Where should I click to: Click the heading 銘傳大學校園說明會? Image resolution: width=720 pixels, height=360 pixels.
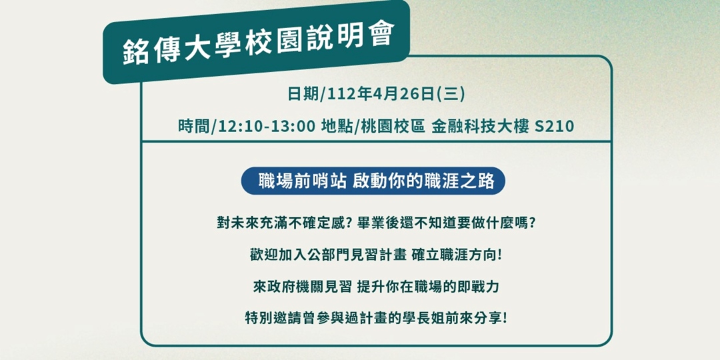pyautogui.click(x=258, y=43)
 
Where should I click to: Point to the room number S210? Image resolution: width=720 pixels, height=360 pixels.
pyautogui.click(x=555, y=126)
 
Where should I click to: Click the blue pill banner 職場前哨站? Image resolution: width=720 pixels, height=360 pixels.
pyautogui.click(x=373, y=181)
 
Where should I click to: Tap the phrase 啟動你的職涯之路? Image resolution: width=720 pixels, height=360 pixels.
pyautogui.click(x=424, y=181)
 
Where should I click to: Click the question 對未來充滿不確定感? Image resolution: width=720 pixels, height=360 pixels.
pyautogui.click(x=284, y=223)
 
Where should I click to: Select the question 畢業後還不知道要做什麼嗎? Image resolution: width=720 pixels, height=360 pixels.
pyautogui.click(x=446, y=223)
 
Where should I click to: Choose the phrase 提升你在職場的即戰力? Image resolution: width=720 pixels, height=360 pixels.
pyautogui.click(x=428, y=287)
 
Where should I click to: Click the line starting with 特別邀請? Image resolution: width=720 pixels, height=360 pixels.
pyautogui.click(x=376, y=318)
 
